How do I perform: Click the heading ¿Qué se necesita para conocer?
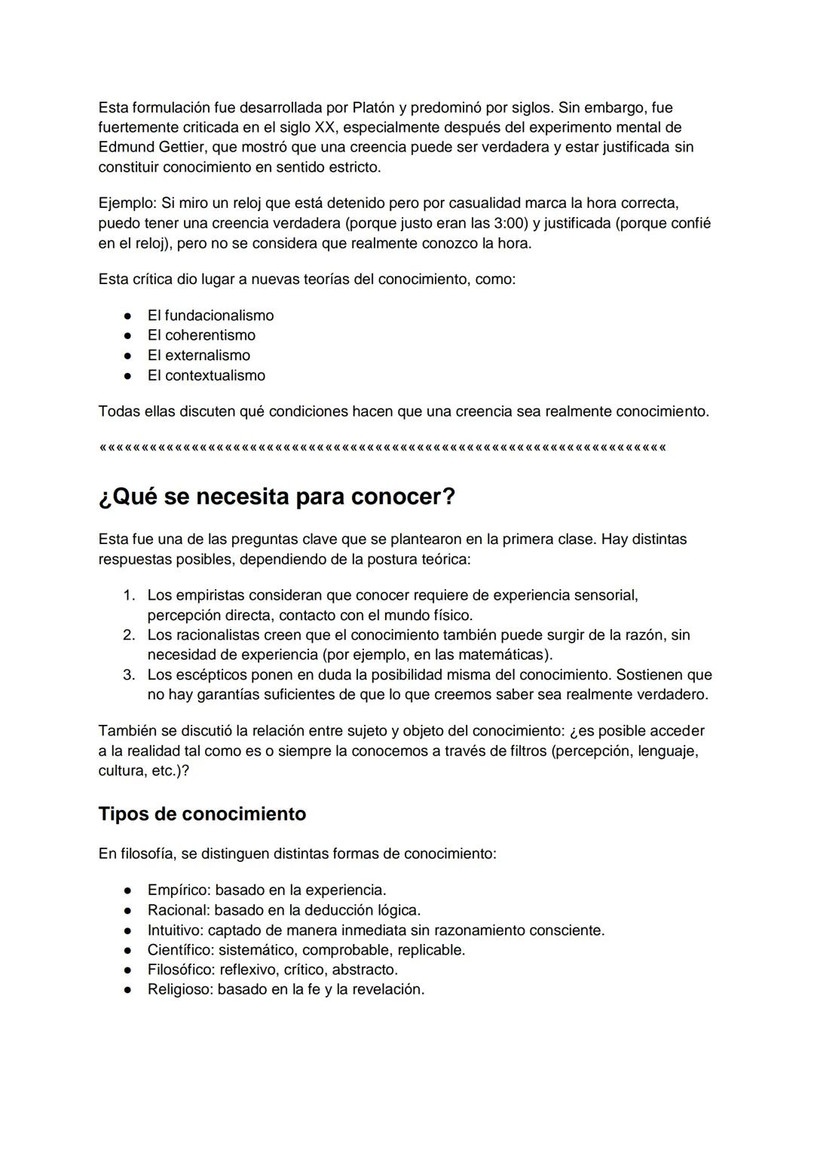coord(277,497)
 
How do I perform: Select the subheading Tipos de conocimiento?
coord(202,814)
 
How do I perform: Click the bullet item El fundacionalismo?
coord(210,316)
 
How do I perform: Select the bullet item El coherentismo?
coord(201,335)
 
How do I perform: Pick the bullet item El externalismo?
coord(198,356)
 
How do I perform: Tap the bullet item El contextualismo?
coord(206,375)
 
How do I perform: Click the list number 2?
coord(129,635)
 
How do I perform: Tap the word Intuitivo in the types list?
coord(174,931)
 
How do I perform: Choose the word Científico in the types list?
coord(177,950)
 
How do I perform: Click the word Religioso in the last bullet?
coord(179,990)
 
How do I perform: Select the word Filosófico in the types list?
coord(179,970)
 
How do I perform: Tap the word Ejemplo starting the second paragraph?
coord(126,203)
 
